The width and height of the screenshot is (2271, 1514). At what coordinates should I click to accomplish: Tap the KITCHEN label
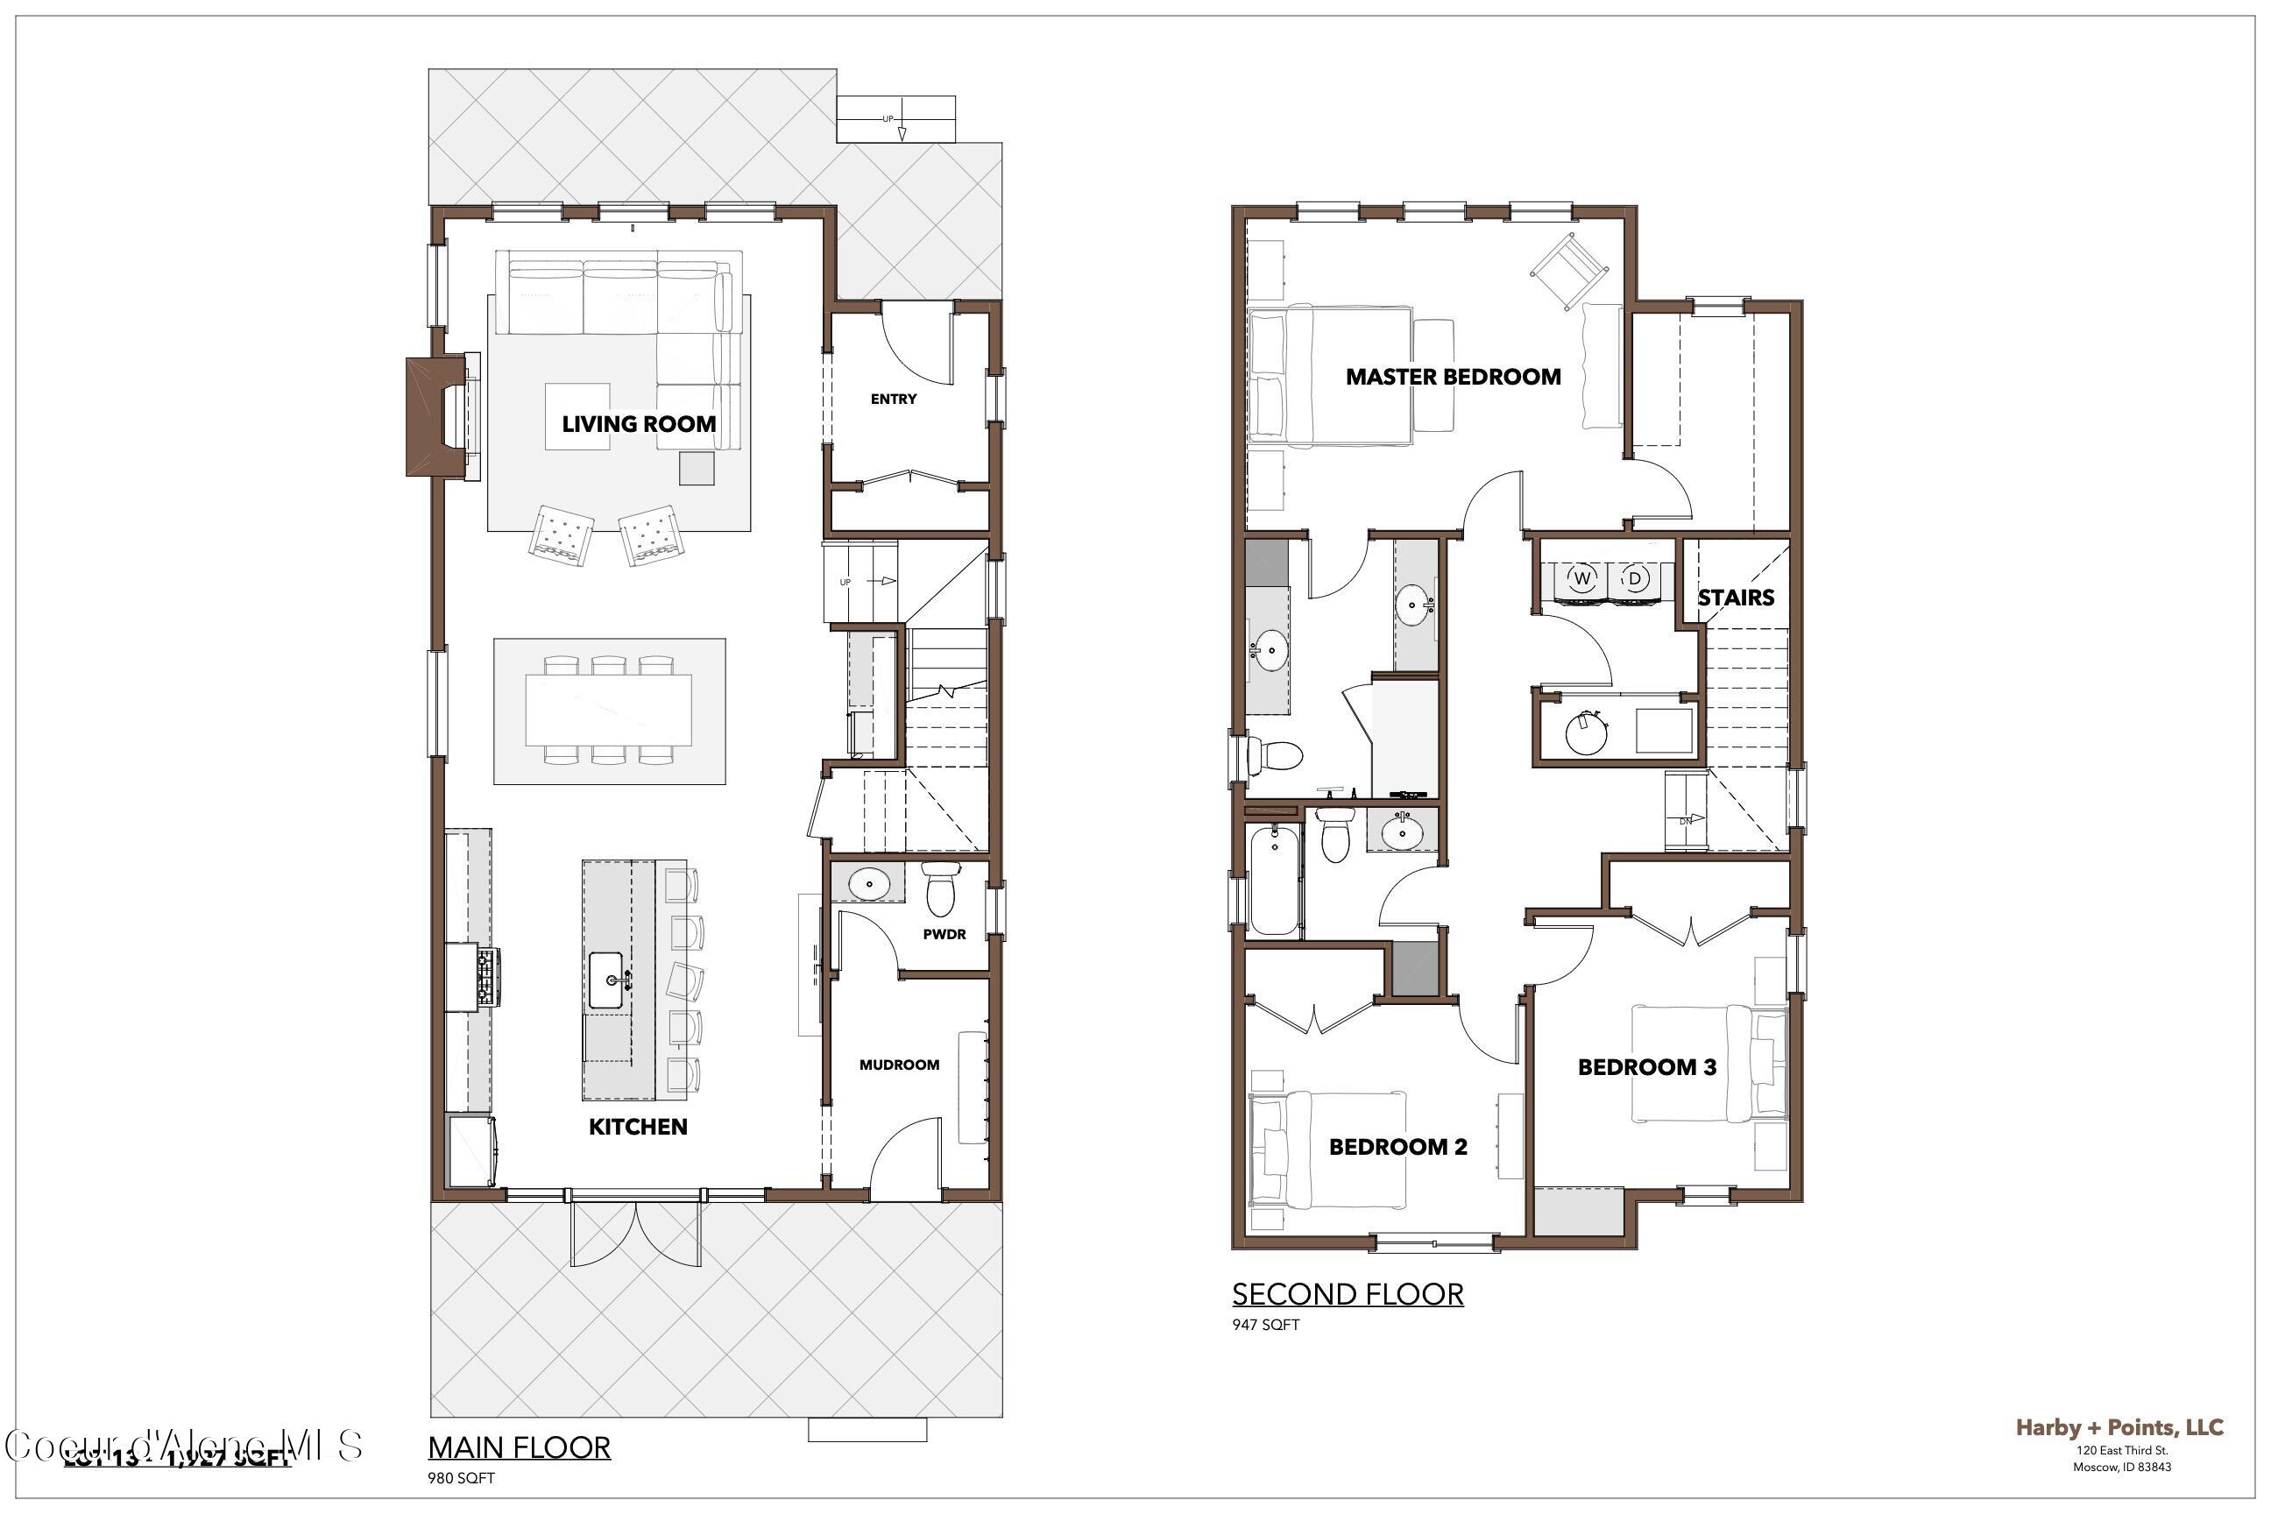point(638,1127)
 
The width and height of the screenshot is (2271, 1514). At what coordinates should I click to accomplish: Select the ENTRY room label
point(893,399)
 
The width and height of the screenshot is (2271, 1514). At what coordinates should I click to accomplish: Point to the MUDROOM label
point(899,1065)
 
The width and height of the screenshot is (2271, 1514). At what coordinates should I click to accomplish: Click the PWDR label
point(944,935)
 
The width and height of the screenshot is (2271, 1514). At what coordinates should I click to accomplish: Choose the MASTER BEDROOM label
point(1454,377)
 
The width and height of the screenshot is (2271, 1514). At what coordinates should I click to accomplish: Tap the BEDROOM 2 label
point(1398,1147)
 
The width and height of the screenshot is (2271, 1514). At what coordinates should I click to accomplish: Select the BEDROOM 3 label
point(1647,1067)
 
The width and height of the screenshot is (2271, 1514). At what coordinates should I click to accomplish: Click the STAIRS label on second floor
point(1736,598)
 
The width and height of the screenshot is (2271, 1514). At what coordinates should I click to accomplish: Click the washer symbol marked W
point(1581,578)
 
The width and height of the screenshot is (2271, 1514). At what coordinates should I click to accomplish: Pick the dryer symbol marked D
point(1635,578)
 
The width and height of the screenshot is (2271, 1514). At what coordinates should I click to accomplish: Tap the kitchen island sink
point(606,980)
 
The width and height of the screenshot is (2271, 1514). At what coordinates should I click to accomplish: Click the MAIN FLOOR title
point(520,1447)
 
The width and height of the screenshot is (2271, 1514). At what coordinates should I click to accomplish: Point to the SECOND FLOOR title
point(1347,1294)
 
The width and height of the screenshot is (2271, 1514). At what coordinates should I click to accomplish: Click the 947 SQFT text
point(1265,1325)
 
